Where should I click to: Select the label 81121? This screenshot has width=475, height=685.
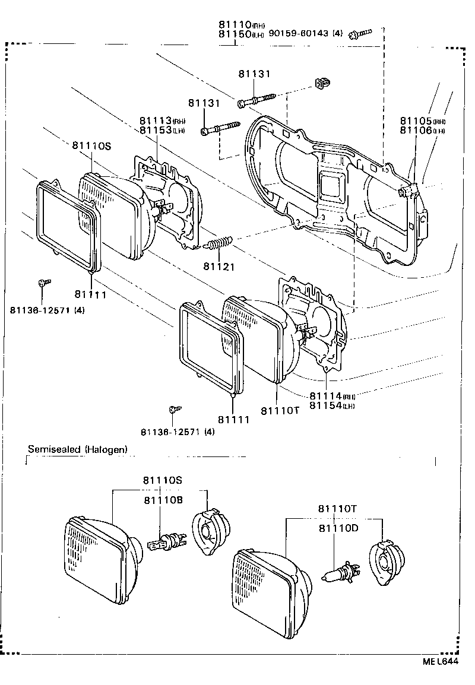pos(220,267)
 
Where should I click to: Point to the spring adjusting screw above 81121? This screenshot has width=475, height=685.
pos(218,243)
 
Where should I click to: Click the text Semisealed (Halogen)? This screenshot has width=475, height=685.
pos(78,449)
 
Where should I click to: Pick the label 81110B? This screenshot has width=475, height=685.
pos(162,500)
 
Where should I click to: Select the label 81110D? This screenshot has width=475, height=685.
pos(338,528)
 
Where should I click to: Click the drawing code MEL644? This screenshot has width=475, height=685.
pos(441,663)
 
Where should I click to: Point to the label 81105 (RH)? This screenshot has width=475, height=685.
pos(423,120)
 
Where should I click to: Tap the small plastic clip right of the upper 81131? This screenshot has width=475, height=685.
pos(322,84)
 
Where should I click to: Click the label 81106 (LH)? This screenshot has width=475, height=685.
pos(423,131)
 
